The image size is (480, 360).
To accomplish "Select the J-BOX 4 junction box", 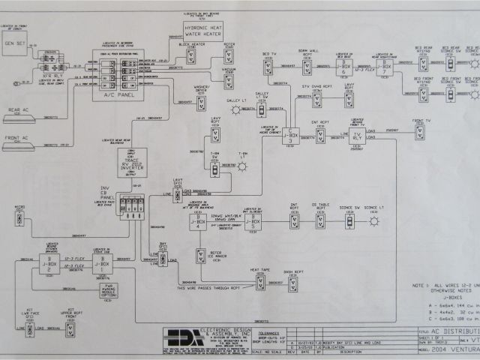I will [x=197, y=222].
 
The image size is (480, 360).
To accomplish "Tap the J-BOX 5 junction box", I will [x=255, y=222].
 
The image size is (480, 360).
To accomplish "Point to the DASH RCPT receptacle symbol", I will [x=293, y=283].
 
